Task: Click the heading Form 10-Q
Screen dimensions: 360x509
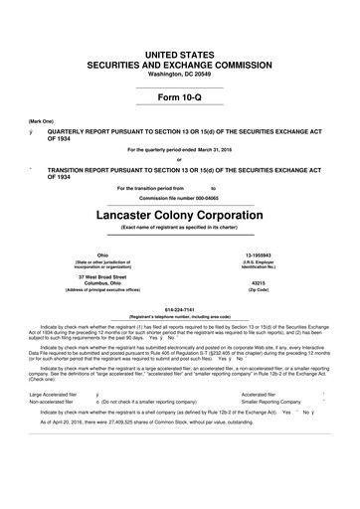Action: click(180, 96)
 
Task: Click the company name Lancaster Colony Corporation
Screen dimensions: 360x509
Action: click(180, 213)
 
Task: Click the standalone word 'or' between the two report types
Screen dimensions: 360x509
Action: click(179, 160)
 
